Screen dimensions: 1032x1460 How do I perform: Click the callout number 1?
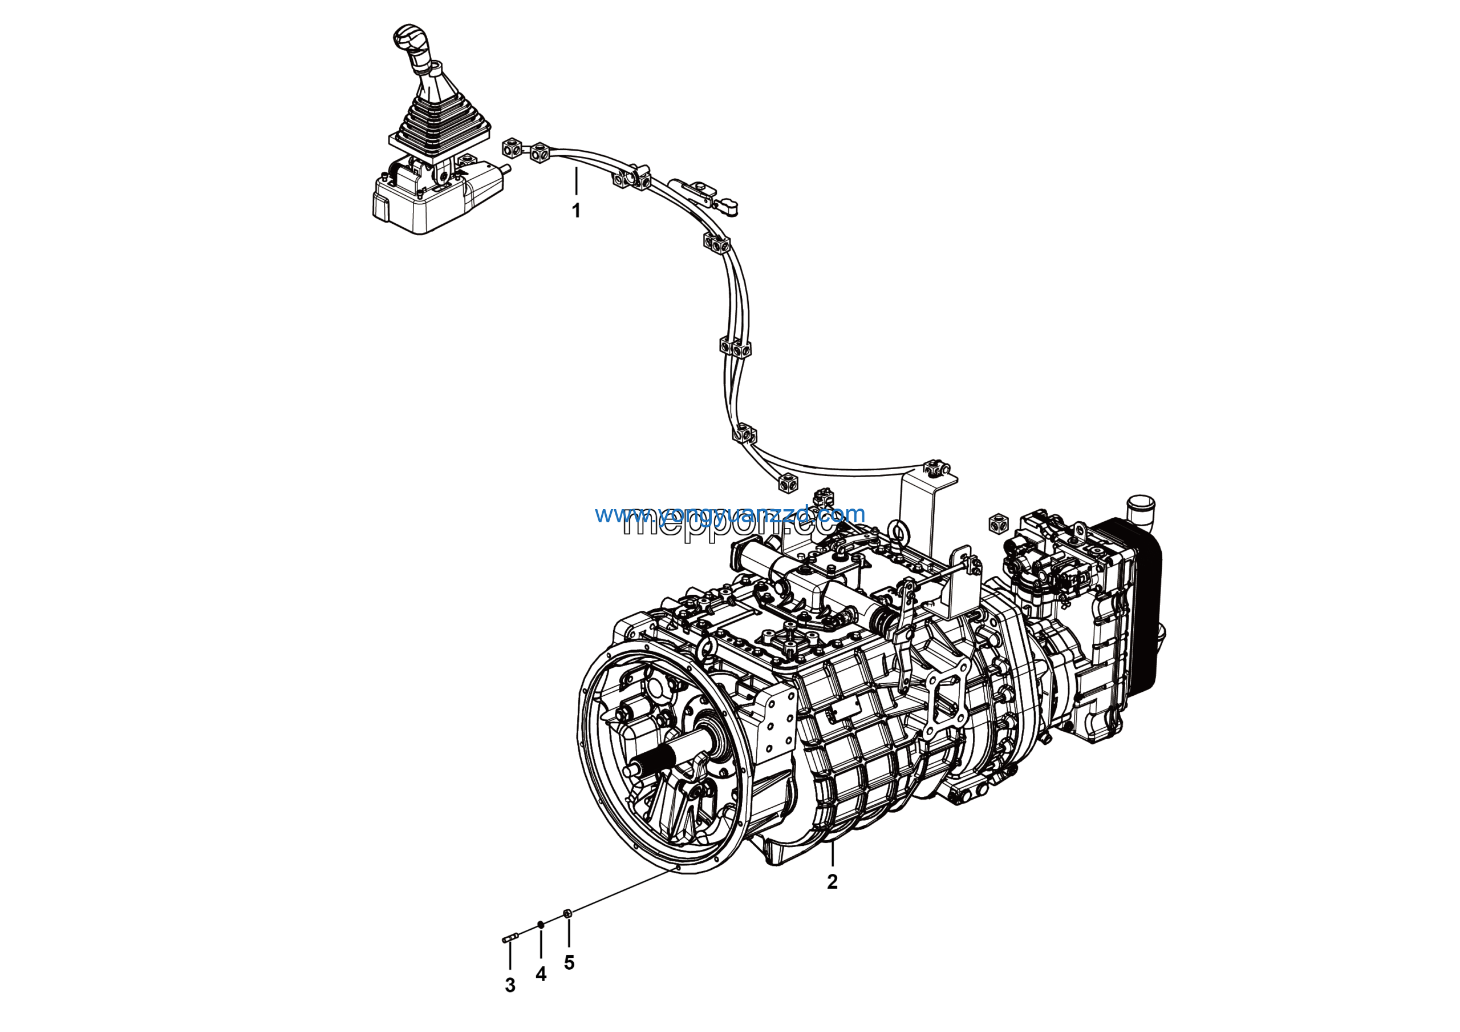[x=576, y=211]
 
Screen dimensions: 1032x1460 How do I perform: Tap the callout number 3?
[x=510, y=986]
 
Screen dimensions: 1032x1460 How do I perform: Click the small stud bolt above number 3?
[x=510, y=938]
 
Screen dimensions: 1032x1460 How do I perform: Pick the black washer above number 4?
[x=541, y=925]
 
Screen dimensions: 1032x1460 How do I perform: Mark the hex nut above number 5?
[x=569, y=914]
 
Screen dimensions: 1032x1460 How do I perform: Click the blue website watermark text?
[x=730, y=514]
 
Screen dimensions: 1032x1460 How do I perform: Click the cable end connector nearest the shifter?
[x=511, y=148]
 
